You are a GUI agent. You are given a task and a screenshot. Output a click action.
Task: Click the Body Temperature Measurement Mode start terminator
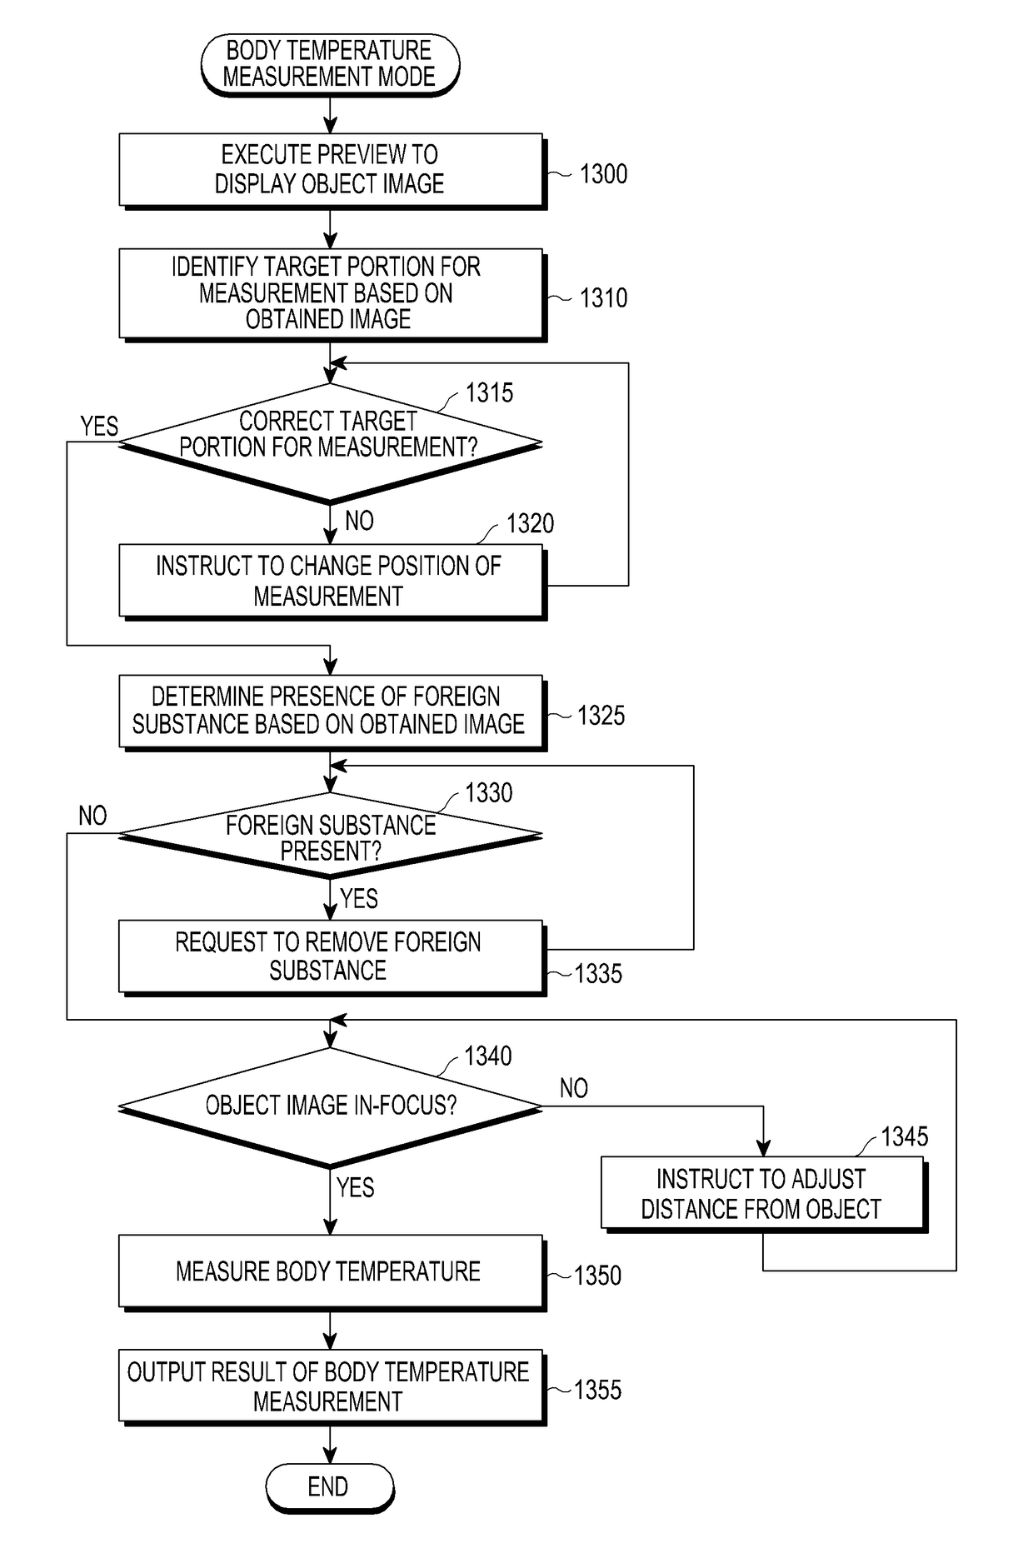tap(330, 64)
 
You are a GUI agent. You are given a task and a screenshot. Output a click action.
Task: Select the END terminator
tap(330, 1487)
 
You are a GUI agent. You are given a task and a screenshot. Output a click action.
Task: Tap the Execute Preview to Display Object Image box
tap(332, 171)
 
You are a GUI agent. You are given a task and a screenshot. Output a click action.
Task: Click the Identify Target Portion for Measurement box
tap(332, 294)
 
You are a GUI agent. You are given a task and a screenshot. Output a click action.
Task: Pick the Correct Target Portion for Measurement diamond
tap(330, 443)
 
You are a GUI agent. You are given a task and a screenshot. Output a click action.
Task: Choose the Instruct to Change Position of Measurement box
tap(332, 582)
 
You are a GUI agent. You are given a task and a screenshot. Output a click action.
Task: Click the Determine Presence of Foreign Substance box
tap(332, 712)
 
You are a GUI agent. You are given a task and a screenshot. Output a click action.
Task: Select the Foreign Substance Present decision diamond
tap(330, 835)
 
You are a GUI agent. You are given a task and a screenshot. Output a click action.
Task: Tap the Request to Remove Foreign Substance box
tap(332, 957)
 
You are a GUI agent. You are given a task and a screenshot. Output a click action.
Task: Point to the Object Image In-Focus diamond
tap(330, 1107)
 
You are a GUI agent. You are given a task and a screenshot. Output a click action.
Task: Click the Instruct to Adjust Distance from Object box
tap(763, 1194)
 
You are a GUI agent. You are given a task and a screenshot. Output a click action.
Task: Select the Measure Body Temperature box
tap(332, 1272)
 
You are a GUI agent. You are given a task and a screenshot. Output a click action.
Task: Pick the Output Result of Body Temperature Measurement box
tap(332, 1387)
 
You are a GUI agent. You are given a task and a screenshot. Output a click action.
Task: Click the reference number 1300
tap(603, 174)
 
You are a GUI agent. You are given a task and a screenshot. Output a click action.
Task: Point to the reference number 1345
tap(905, 1136)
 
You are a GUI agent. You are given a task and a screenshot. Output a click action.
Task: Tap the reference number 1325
tap(601, 716)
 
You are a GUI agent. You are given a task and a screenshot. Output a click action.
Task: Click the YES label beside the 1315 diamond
tap(99, 427)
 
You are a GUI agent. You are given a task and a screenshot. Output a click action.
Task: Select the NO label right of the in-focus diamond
tap(574, 1088)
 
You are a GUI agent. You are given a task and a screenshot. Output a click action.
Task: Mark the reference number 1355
tap(597, 1391)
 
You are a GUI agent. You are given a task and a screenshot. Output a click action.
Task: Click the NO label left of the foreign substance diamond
tap(92, 816)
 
